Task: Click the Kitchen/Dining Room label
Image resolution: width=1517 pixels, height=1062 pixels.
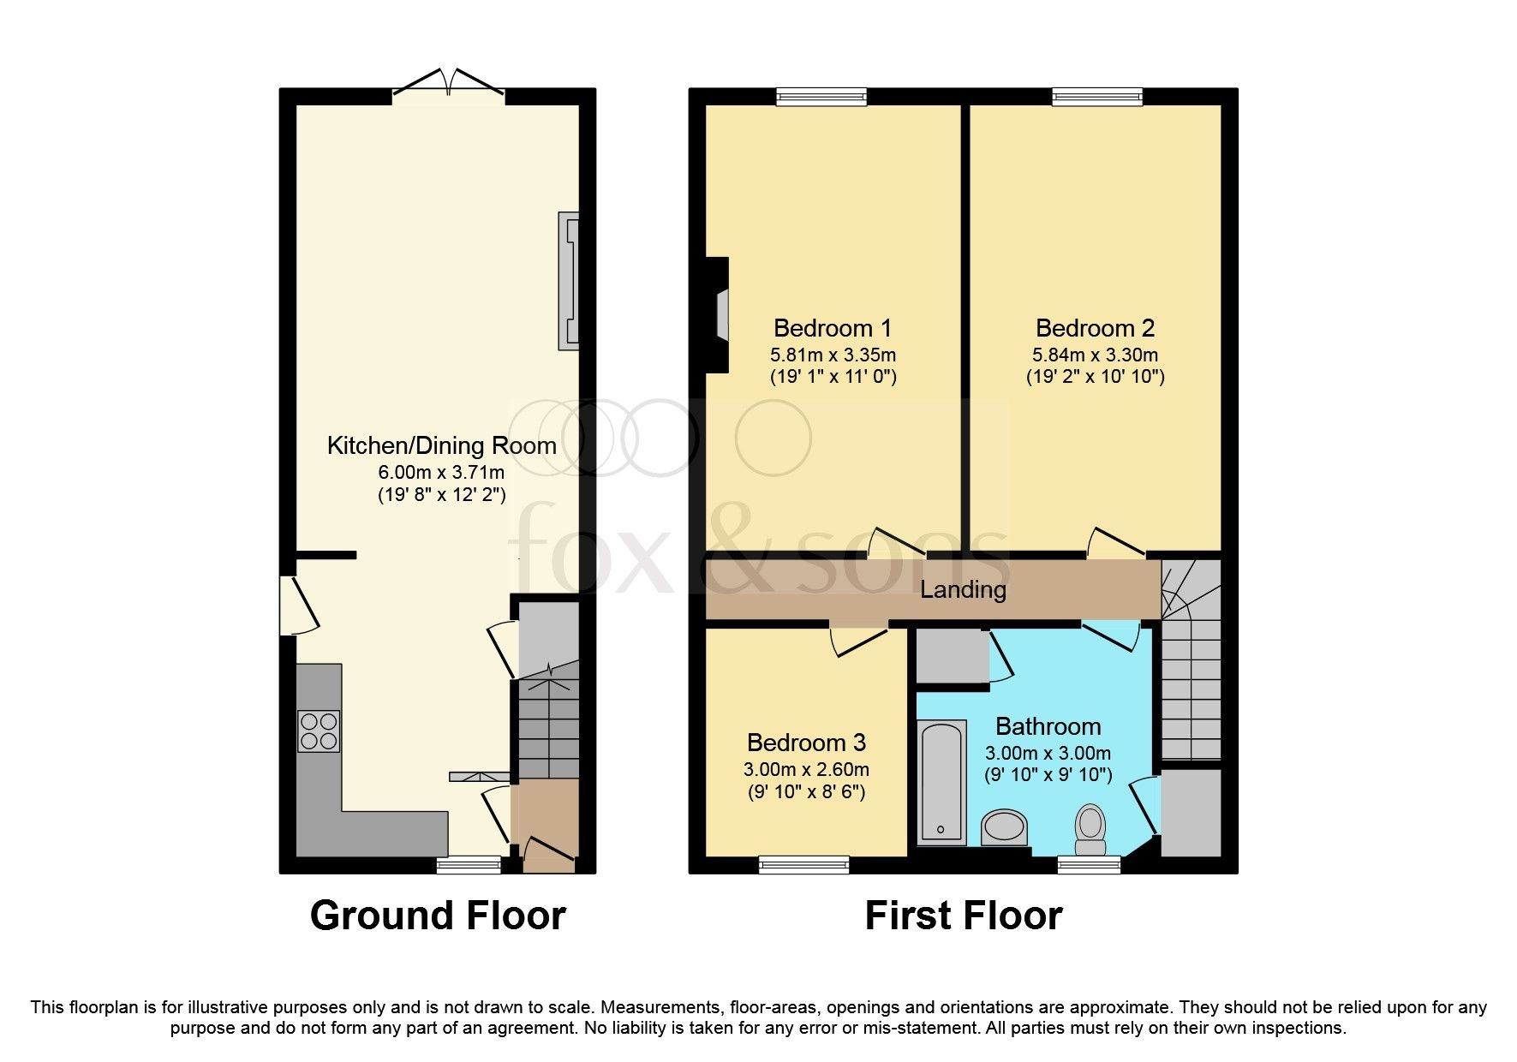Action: click(441, 445)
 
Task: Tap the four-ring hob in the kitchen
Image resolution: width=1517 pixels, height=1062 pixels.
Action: click(319, 731)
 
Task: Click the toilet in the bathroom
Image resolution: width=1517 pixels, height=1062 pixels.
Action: click(1090, 829)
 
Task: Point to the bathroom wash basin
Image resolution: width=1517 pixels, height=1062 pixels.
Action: click(1004, 828)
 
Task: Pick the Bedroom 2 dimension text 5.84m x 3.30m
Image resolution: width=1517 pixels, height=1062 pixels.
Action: click(1095, 355)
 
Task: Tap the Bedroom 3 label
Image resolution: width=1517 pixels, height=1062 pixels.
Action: click(806, 743)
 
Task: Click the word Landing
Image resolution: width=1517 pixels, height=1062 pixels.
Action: click(963, 590)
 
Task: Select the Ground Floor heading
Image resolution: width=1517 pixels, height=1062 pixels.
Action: click(438, 916)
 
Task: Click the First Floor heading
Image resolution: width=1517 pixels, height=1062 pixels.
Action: click(964, 916)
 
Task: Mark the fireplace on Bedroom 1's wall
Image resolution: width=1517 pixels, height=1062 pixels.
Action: click(716, 315)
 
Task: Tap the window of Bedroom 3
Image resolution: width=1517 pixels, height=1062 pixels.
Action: click(803, 865)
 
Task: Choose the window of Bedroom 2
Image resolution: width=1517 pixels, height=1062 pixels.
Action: click(1097, 97)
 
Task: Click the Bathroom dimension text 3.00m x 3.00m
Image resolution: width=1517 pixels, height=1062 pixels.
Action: click(1048, 754)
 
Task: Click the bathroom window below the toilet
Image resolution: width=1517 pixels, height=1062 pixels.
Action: click(1089, 865)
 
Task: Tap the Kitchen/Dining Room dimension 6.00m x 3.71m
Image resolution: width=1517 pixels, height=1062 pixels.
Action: click(441, 472)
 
